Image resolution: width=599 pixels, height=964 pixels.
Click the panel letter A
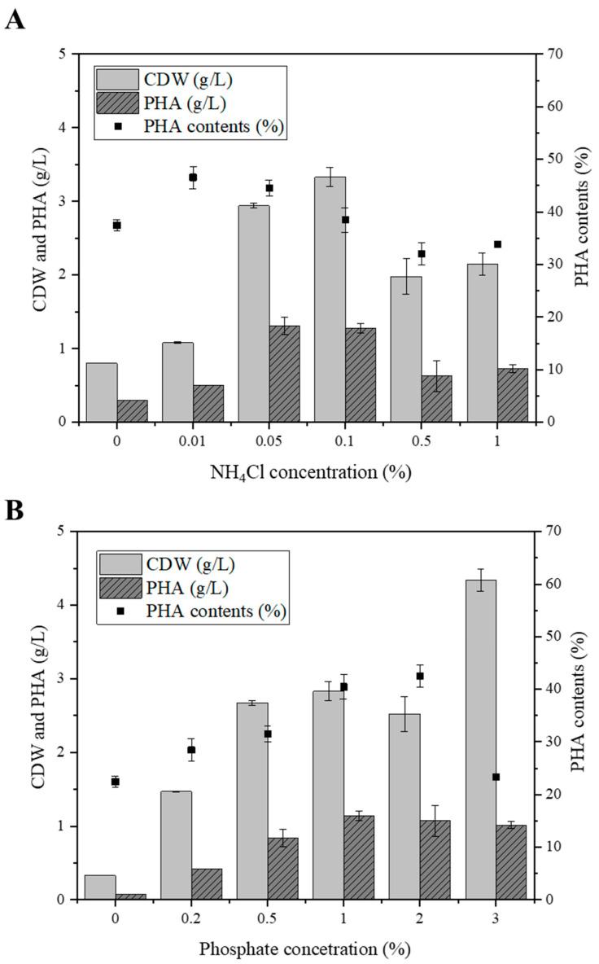[15, 18]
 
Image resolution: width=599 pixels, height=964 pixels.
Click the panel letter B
[14, 510]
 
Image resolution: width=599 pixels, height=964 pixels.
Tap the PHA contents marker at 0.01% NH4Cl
[193, 177]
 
